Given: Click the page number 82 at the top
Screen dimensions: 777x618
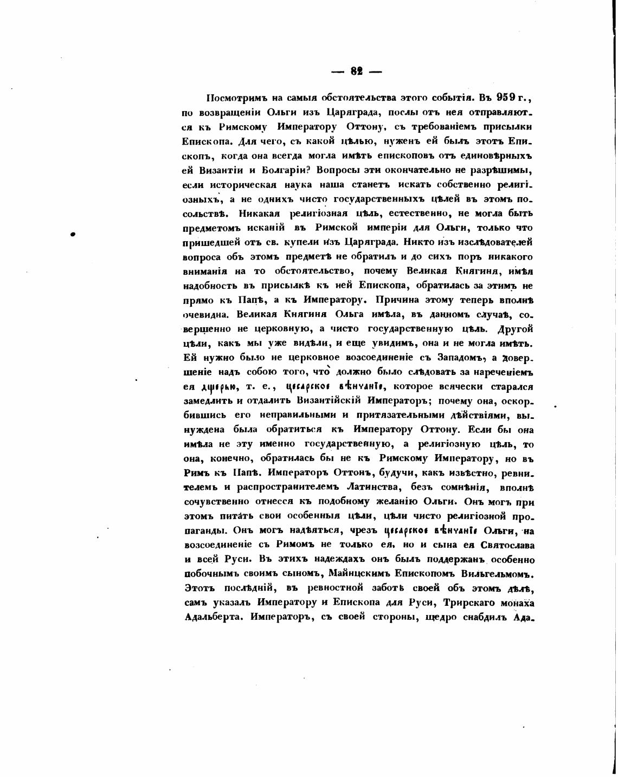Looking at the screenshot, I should tap(356, 71).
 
